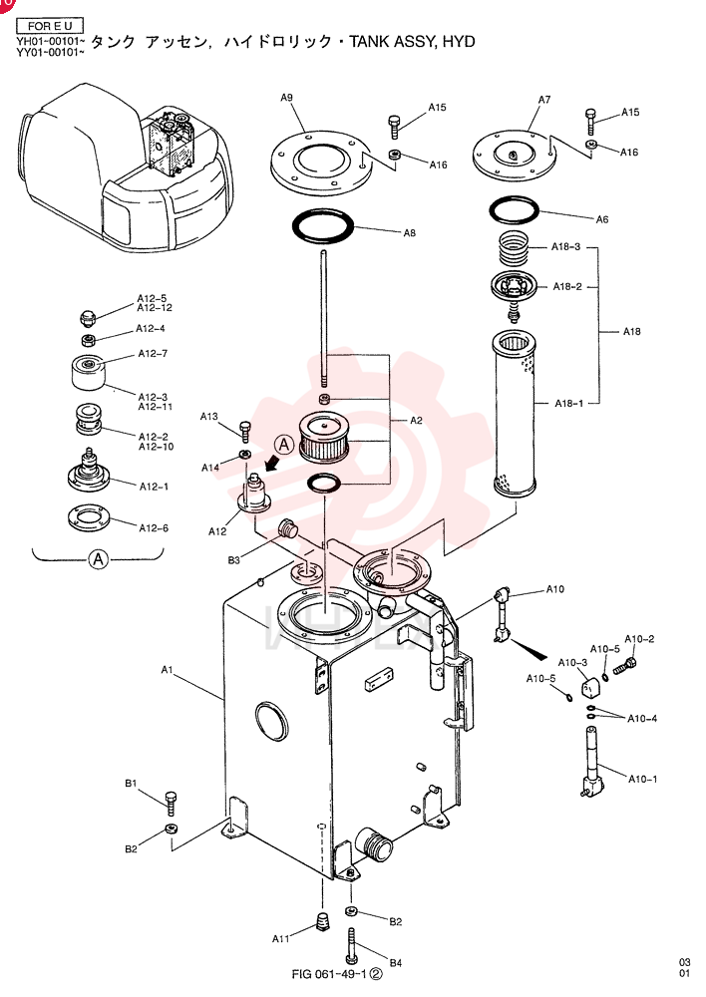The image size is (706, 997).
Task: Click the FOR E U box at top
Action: pos(50,26)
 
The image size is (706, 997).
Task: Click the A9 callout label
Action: pos(287,98)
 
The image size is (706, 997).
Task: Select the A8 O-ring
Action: pos(322,226)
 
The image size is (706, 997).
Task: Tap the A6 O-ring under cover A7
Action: pos(514,209)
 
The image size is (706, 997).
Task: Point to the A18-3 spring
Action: pos(513,248)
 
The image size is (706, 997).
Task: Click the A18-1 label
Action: pos(568,403)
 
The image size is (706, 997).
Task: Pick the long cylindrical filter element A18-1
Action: pos(516,415)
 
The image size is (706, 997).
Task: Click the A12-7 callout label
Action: pos(153,354)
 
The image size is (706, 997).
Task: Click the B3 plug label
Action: pos(234,560)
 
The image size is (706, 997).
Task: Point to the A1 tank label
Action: pos(167,670)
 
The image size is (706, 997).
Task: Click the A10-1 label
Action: pos(643,779)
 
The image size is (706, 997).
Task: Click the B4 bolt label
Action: pos(396,963)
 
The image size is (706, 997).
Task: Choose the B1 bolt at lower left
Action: pos(171,804)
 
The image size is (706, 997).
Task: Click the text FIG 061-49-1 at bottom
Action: pos(329,974)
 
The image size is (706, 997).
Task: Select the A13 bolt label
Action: pos(209,417)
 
